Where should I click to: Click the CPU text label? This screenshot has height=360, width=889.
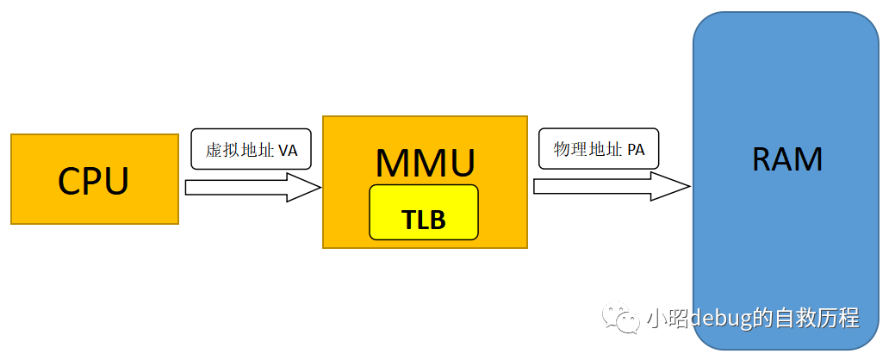point(93,180)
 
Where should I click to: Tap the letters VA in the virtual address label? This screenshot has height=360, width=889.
point(289,150)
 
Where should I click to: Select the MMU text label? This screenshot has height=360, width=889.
point(425,161)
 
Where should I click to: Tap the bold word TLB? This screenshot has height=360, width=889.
point(424,220)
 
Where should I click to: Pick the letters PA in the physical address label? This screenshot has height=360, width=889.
point(636,150)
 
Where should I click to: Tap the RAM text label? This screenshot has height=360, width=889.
point(786,159)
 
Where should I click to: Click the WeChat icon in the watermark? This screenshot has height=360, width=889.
point(620,319)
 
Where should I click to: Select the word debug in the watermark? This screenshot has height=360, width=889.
point(718,319)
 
